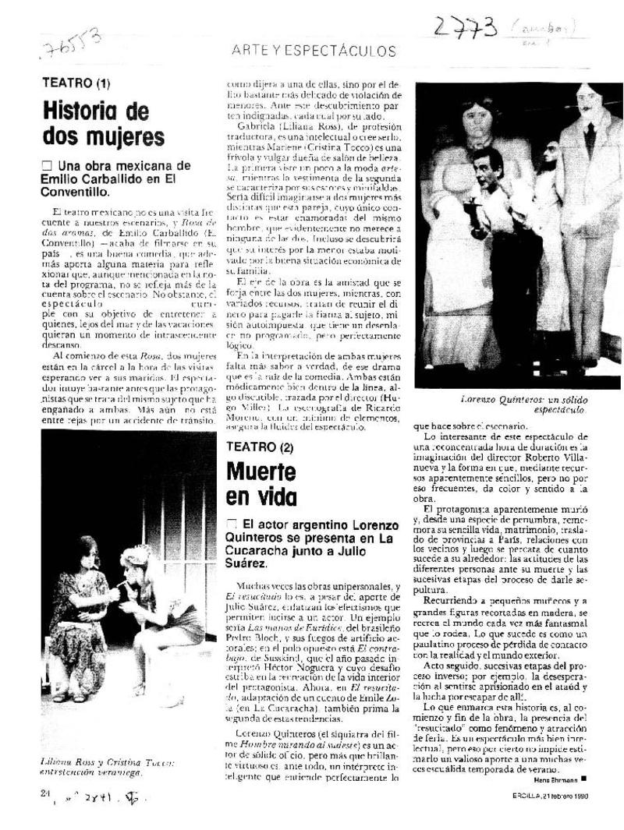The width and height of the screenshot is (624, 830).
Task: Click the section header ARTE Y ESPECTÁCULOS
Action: [314, 51]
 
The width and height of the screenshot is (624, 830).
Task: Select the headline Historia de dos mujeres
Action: [103, 123]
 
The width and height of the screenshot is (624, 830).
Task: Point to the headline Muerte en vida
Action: [261, 484]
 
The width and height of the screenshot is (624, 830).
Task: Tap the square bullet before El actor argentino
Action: [231, 524]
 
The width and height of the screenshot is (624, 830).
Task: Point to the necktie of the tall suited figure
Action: [589, 138]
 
